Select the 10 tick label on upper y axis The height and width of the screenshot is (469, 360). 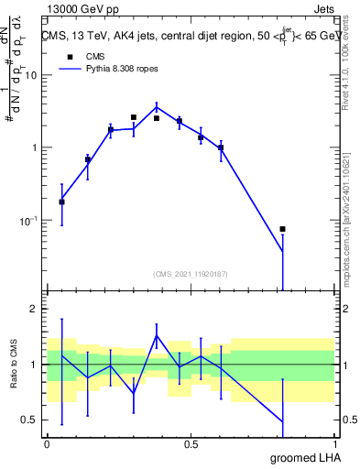coord(30,75)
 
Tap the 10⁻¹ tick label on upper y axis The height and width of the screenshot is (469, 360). coord(28,221)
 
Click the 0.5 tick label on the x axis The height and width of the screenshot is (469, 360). coord(191,444)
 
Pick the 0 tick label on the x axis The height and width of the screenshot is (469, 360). coord(47,444)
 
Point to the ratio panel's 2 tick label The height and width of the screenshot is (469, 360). coord(33,309)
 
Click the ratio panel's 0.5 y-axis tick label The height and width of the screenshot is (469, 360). coord(28,420)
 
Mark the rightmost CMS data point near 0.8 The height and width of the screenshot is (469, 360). coord(282,229)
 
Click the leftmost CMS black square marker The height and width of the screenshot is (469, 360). coord(61,202)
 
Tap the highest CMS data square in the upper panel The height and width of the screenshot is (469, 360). coord(134,117)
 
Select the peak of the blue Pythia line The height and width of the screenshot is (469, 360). coord(157,106)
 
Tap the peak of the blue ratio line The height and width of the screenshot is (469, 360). coord(157,335)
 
